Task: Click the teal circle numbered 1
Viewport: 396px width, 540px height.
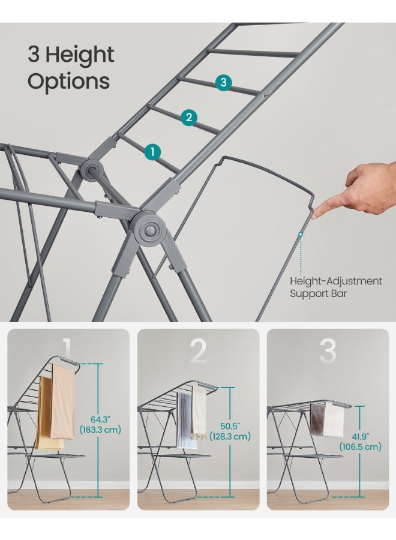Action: point(152,152)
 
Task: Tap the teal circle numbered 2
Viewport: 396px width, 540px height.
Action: point(189,117)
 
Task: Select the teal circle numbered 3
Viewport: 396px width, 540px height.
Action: point(223,82)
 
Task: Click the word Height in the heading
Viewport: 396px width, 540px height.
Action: point(80,55)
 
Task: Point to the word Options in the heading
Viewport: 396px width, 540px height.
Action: point(68,82)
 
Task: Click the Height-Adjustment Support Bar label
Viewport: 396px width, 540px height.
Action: point(336,287)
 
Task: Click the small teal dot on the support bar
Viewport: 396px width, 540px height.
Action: point(301,234)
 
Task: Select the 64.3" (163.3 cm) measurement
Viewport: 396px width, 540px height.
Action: point(100,425)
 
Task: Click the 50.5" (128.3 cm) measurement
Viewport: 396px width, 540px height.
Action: point(230,431)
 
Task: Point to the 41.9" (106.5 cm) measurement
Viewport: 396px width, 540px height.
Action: point(360,442)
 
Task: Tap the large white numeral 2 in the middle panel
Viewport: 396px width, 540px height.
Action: point(199,351)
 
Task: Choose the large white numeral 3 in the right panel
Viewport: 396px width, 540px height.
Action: point(328,351)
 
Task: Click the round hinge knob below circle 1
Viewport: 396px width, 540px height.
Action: point(150,229)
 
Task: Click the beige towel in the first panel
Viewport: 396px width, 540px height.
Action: point(62,401)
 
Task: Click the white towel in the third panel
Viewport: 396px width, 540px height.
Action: point(334,419)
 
